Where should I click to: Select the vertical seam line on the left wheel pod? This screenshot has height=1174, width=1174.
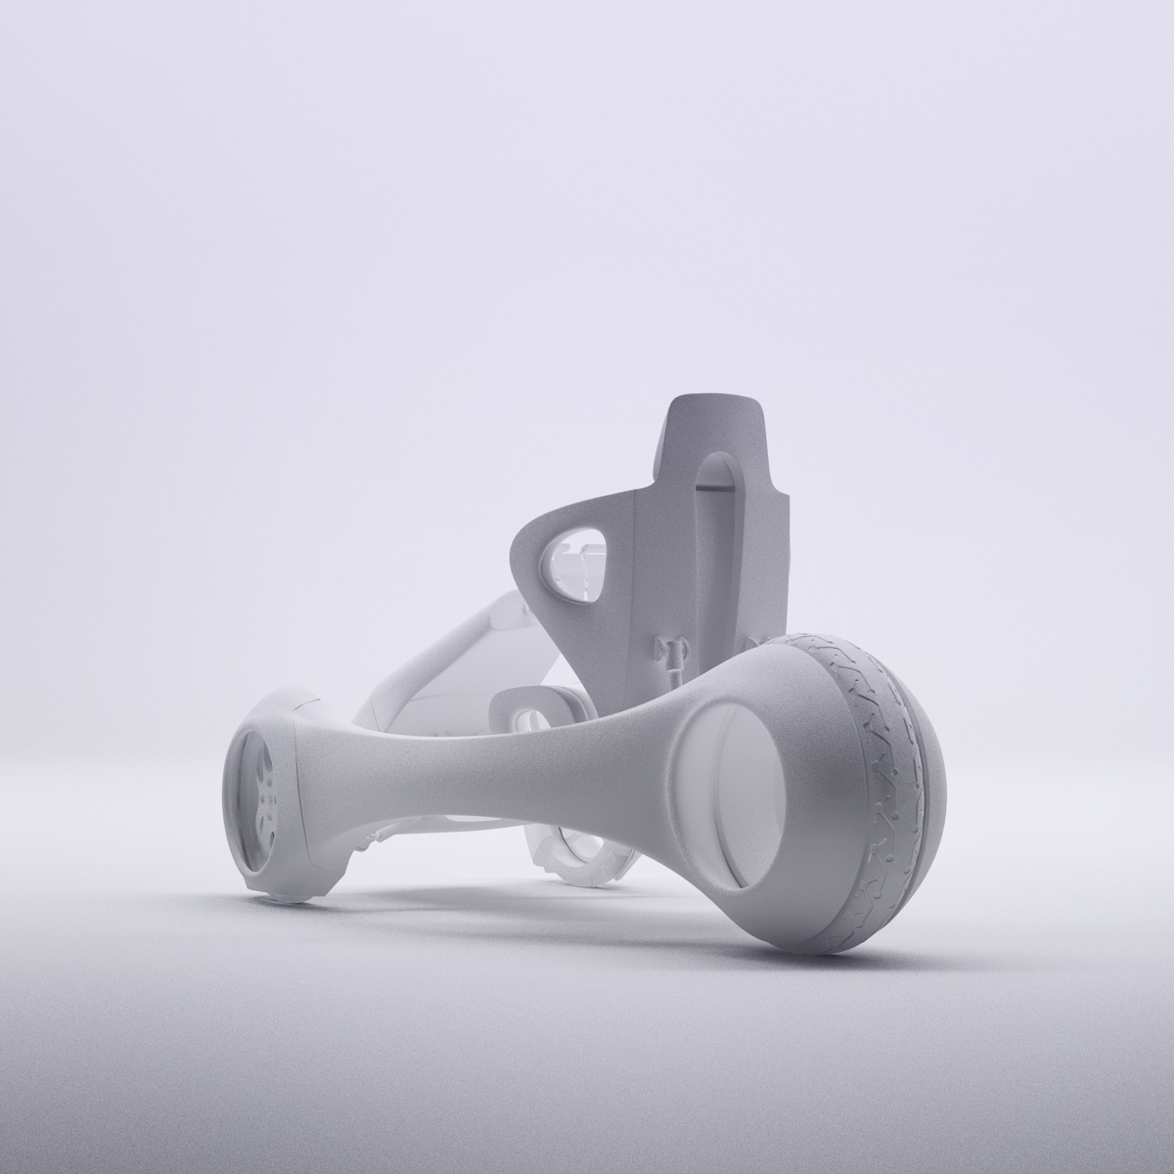(x=298, y=783)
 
